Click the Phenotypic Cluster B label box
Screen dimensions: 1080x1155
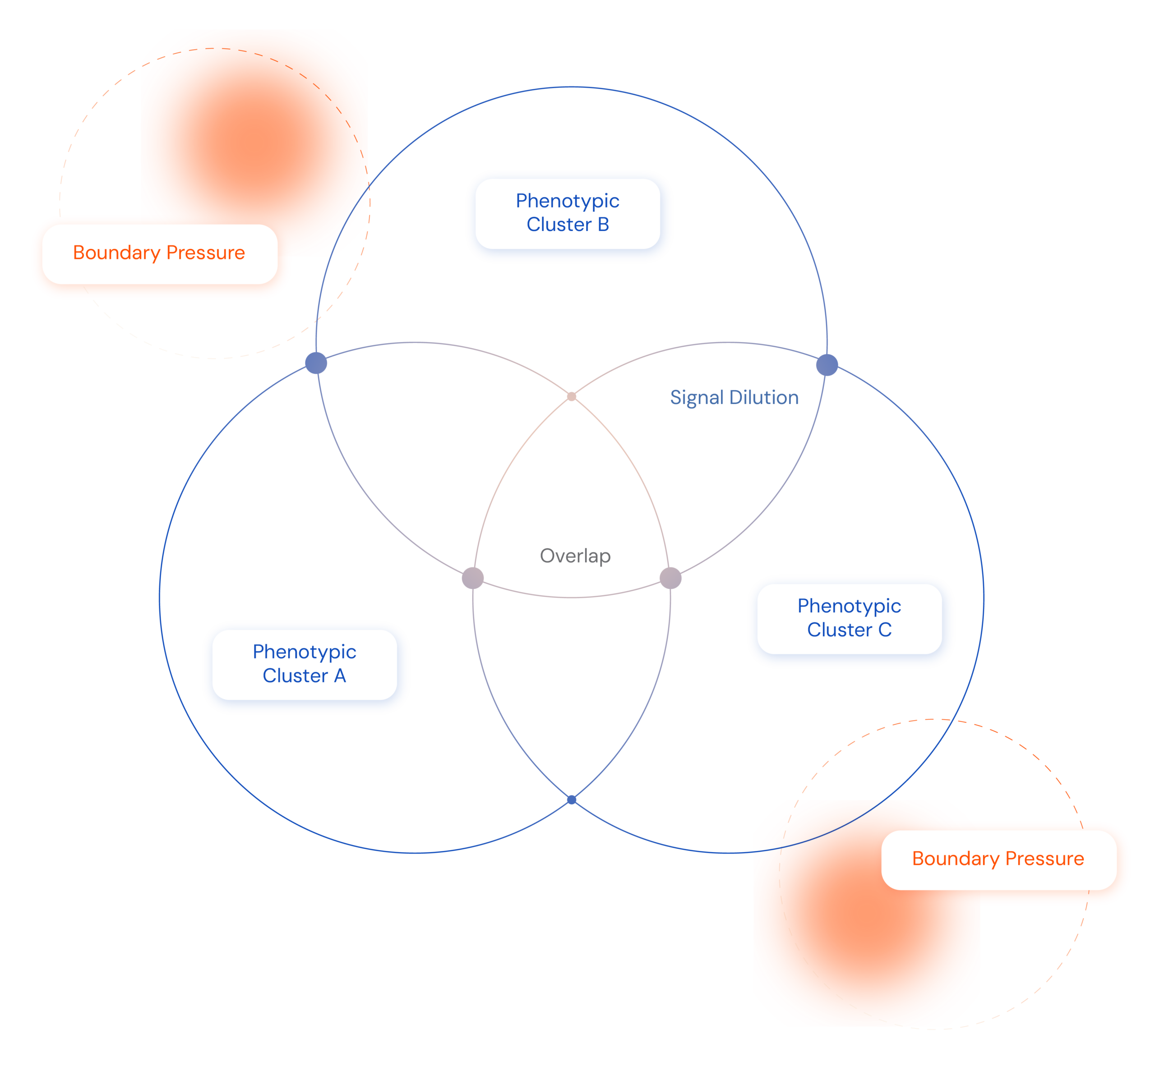click(568, 214)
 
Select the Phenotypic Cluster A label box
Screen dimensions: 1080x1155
click(305, 665)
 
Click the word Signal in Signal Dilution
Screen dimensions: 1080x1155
click(697, 398)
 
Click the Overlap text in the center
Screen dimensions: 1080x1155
click(575, 556)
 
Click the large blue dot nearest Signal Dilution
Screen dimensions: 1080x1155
click(827, 365)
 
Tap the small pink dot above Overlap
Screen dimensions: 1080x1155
click(572, 396)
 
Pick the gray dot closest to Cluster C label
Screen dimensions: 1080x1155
click(670, 578)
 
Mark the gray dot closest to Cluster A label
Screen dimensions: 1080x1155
click(473, 578)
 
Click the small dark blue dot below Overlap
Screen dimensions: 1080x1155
click(572, 800)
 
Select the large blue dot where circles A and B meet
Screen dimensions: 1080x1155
click(316, 363)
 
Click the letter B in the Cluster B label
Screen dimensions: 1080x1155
click(603, 225)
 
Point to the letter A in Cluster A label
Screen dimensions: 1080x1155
click(340, 676)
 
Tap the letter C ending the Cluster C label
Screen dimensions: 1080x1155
click(885, 630)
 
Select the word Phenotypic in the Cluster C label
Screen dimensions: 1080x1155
click(850, 606)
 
